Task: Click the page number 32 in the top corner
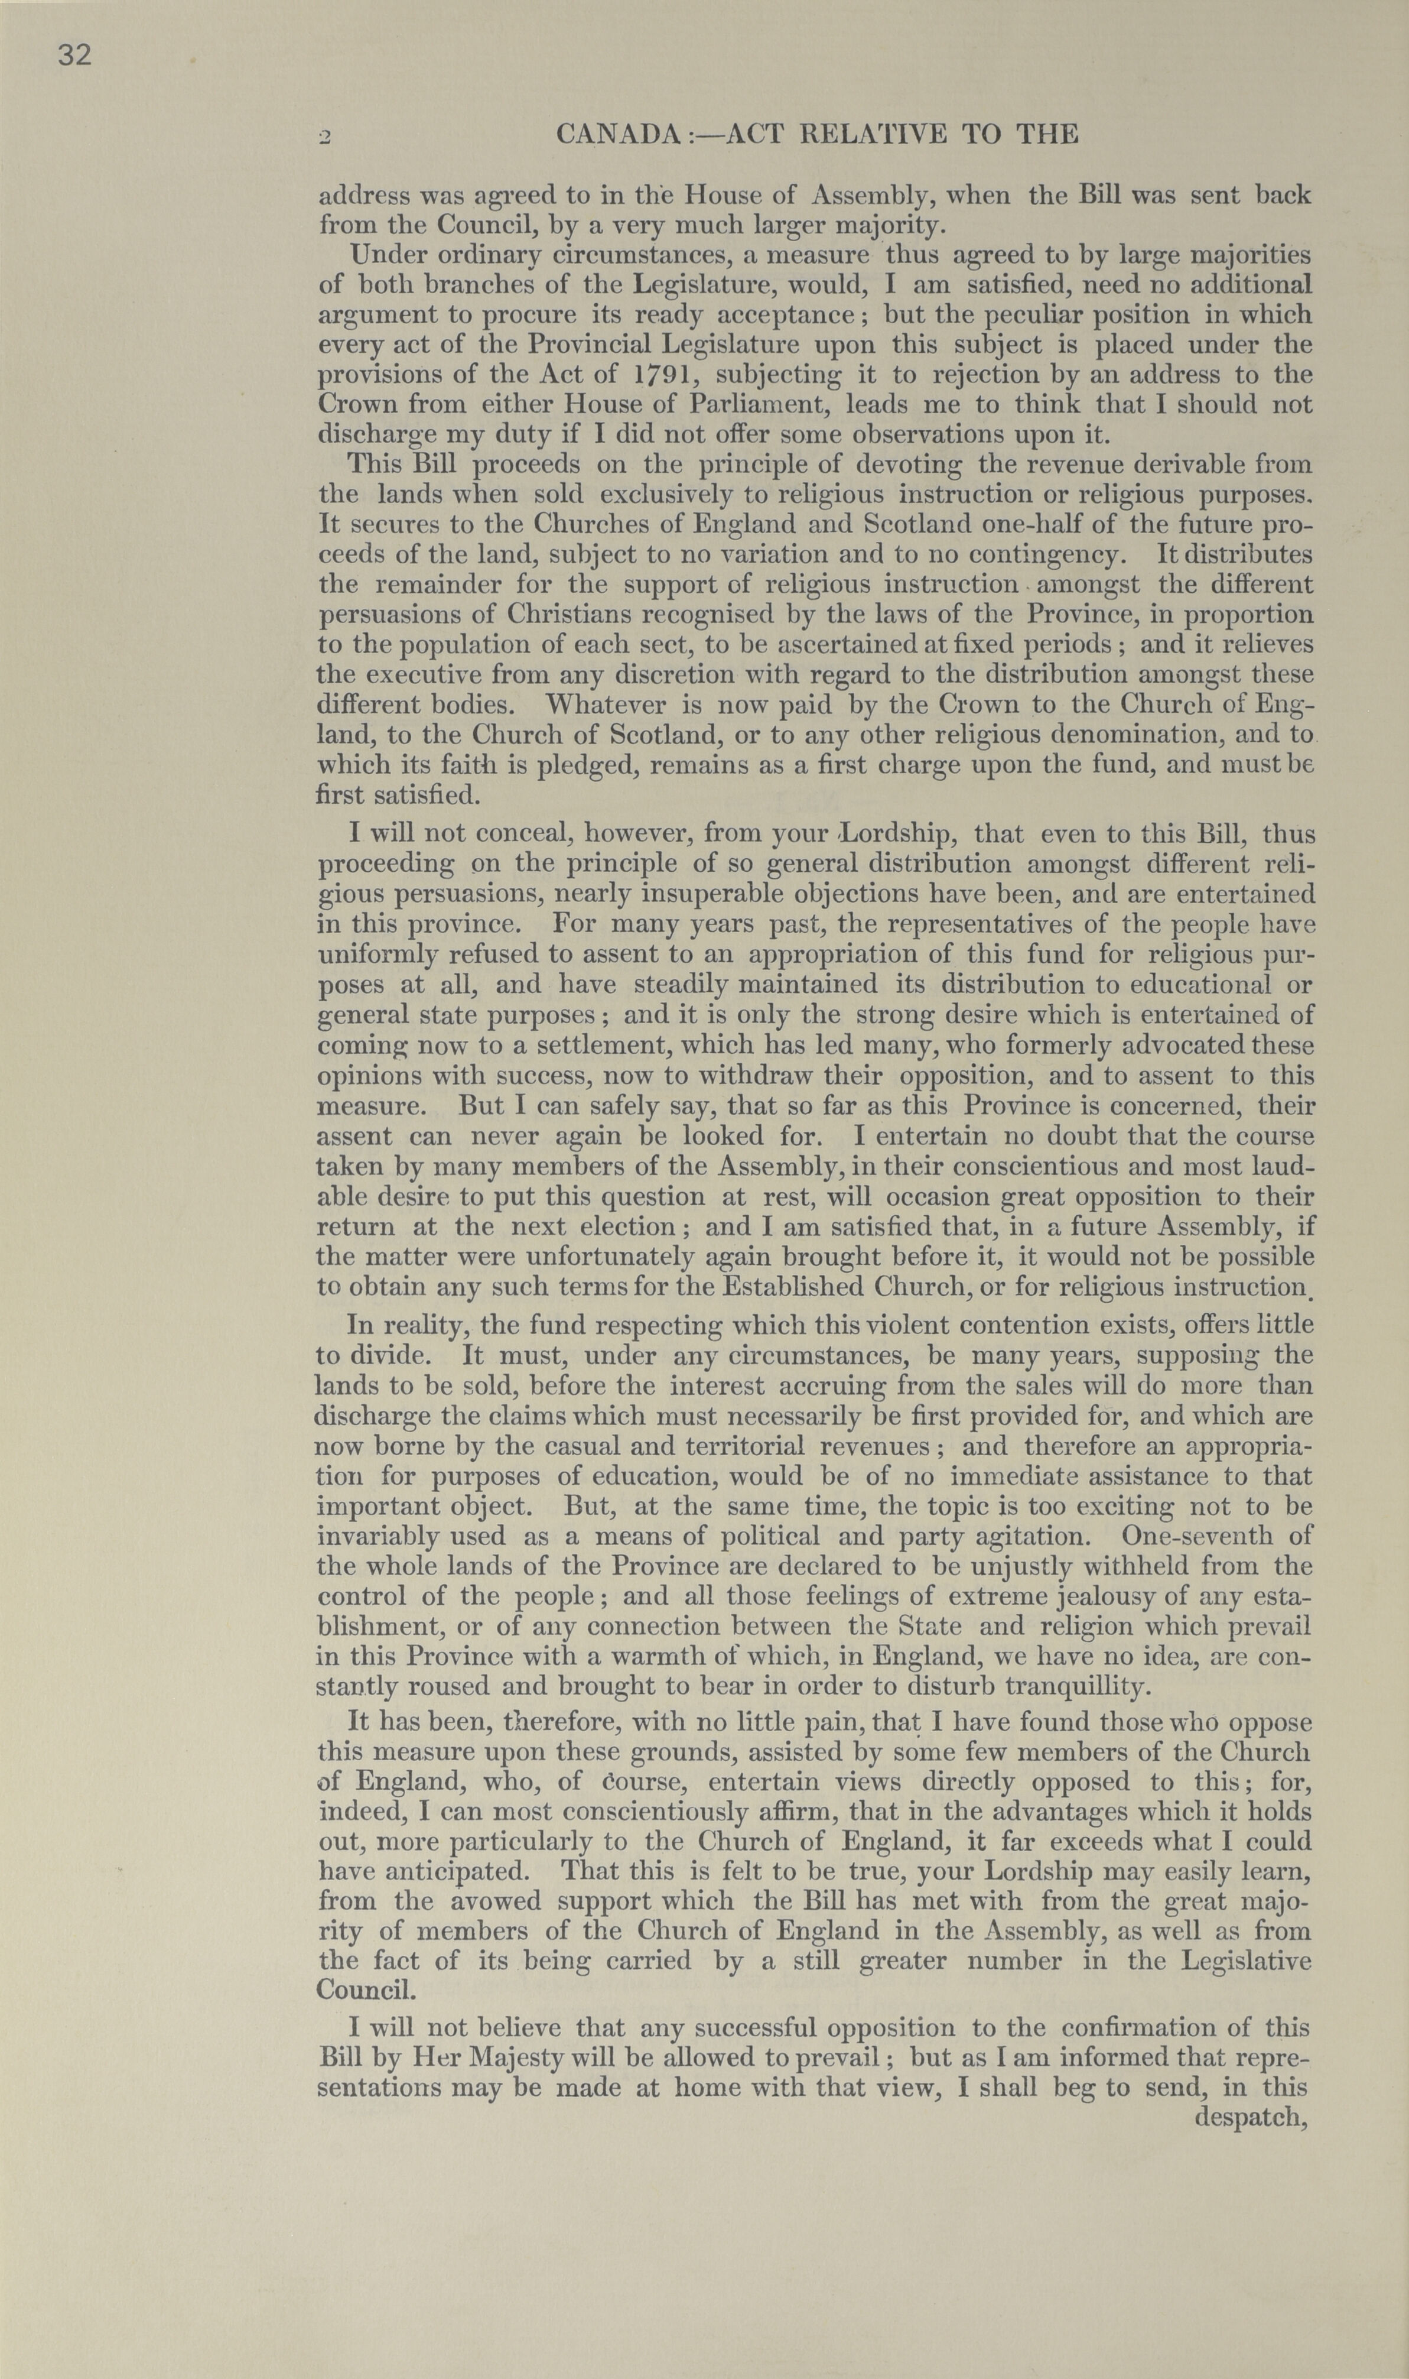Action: click(x=75, y=56)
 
